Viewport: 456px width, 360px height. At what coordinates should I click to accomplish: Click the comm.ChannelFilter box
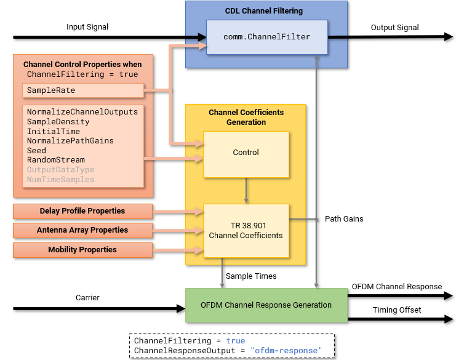[266, 37]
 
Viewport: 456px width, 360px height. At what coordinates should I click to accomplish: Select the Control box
[246, 153]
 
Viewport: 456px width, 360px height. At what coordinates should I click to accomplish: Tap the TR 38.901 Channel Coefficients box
[246, 230]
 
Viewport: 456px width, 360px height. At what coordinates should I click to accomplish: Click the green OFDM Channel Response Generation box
[266, 305]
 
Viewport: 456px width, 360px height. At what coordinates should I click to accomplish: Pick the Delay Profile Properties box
[82, 211]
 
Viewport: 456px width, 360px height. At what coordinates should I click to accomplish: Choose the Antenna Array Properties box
[82, 230]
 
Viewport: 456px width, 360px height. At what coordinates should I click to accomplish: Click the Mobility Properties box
[82, 250]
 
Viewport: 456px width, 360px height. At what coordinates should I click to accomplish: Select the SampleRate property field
[82, 90]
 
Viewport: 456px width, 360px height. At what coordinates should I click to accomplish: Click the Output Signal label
[394, 27]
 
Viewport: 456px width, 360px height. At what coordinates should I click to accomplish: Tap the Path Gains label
[344, 218]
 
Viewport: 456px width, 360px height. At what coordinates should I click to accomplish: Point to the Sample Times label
[251, 276]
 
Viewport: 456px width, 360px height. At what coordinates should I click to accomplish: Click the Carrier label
[87, 297]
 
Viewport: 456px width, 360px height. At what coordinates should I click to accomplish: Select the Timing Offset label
[397, 310]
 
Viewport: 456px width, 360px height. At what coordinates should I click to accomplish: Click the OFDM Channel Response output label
[397, 286]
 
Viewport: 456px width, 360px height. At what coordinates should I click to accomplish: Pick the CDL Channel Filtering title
[266, 10]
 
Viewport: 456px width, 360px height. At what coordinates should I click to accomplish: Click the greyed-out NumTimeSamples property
[60, 179]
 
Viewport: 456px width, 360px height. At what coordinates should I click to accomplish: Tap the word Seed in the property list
[36, 150]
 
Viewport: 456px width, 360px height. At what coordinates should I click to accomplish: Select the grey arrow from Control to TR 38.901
[246, 191]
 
